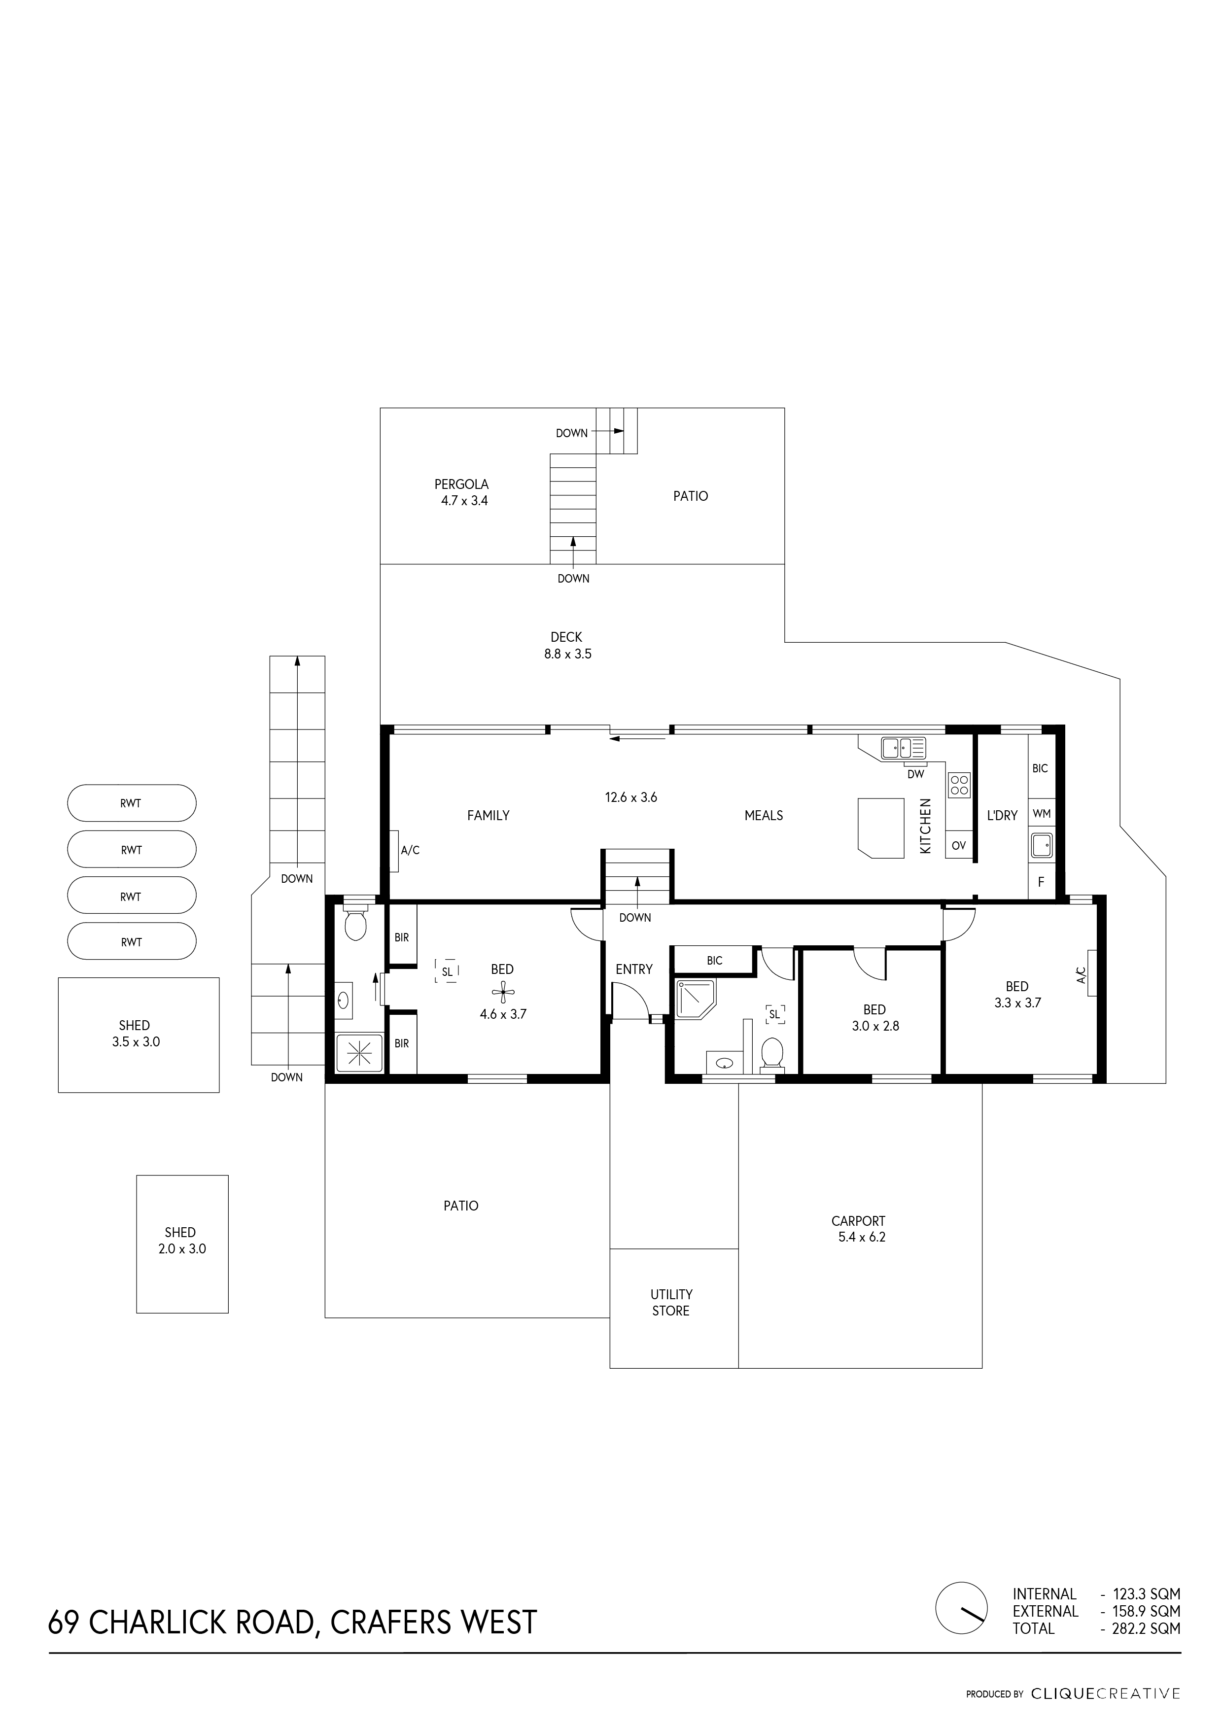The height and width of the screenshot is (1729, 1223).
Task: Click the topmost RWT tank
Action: tap(132, 803)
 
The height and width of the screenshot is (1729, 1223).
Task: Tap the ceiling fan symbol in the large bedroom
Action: tap(503, 992)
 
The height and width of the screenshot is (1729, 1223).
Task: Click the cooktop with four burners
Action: tap(959, 786)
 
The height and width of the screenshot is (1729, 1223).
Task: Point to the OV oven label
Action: tap(958, 846)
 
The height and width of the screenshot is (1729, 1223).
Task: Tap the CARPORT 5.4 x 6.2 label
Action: tap(859, 1229)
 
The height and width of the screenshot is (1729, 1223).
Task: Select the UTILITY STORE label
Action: tap(671, 1302)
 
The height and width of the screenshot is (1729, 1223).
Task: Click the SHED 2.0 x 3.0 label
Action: tap(181, 1240)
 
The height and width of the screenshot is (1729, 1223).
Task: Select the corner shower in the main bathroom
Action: tap(697, 999)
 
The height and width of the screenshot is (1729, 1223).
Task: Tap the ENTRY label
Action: tap(634, 969)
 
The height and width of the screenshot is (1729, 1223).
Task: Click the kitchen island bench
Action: tap(880, 827)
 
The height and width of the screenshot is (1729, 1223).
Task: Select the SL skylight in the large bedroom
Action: tap(447, 971)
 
